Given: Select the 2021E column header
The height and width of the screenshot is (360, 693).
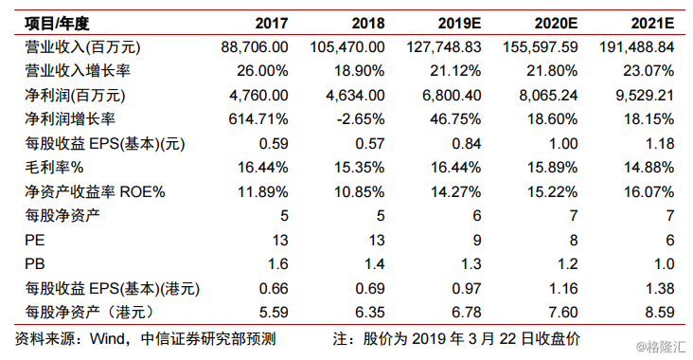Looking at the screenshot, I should (653, 22).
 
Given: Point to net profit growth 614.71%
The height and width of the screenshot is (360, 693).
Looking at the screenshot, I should (261, 119).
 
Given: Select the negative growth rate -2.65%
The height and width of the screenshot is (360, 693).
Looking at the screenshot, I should (361, 119).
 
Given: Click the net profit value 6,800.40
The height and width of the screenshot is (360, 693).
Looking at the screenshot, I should (453, 95).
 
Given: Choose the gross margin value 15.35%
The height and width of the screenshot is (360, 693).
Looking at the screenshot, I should (361, 168).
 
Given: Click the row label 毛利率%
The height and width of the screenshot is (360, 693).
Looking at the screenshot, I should (45, 168).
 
